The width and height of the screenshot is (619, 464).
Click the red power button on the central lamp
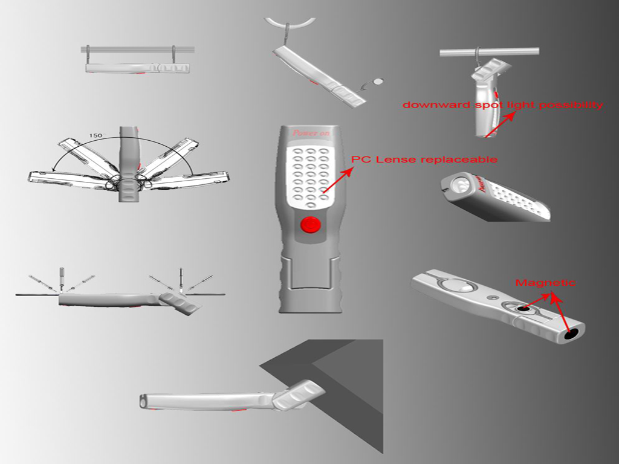pos(309,225)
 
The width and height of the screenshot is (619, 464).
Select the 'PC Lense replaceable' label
pos(424,159)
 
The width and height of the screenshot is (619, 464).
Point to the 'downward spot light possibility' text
pos(502,105)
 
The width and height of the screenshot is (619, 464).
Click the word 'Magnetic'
pos(545,283)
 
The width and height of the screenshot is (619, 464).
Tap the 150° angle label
pos(96,136)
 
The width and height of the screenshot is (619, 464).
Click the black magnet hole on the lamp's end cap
pos(571,333)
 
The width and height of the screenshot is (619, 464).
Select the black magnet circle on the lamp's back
pos(524,309)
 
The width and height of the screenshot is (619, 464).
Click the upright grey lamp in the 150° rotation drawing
pos(129,163)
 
